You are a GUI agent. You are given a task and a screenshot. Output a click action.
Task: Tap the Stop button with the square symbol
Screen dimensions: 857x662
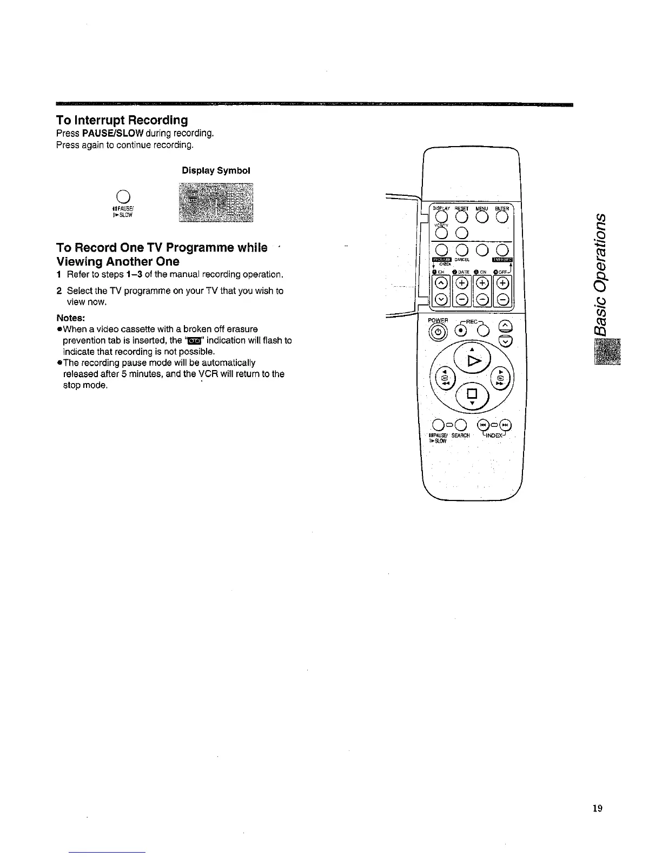click(x=471, y=392)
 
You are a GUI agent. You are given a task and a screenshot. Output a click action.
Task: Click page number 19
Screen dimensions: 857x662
click(x=597, y=808)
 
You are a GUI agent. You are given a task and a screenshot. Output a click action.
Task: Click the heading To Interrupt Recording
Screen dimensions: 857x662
click(x=122, y=120)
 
